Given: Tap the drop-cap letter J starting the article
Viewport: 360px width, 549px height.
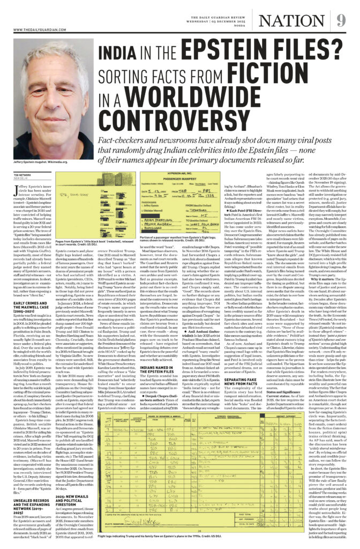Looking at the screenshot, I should click(14, 187).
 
